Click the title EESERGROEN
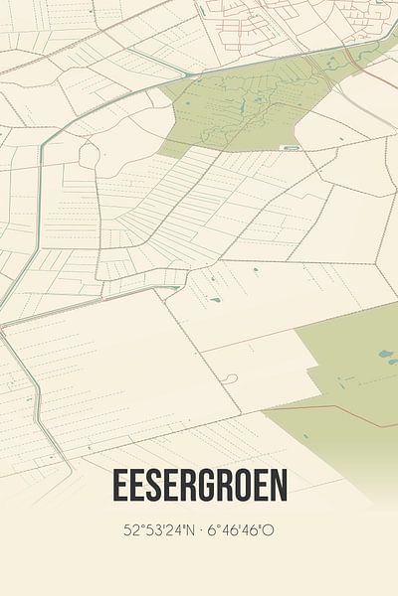(199, 486)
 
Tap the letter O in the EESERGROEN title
(255, 486)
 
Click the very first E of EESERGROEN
(119, 486)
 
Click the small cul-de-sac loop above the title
(231, 378)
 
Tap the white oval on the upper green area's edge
(290, 147)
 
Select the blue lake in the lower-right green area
(385, 353)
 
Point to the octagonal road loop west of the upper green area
(89, 155)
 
